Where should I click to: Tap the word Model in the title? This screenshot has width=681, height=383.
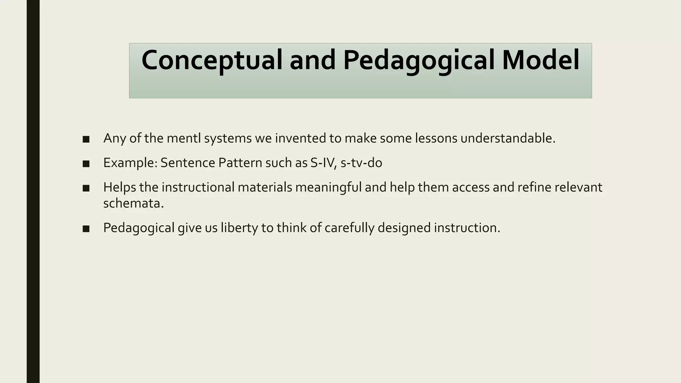tap(541, 61)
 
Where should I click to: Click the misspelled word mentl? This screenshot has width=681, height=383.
tap(184, 138)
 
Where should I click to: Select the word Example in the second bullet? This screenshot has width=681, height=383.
tap(130, 163)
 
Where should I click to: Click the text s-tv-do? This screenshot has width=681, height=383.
tap(361, 163)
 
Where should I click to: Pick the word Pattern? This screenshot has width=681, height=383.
tap(240, 163)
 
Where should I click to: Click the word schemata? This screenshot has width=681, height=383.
tap(133, 203)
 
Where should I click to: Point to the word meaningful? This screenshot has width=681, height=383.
tap(328, 188)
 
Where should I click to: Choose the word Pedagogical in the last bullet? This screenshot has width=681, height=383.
tap(139, 228)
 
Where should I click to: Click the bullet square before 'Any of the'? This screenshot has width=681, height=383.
tap(86, 139)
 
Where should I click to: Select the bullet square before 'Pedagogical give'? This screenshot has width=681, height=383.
tap(86, 229)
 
